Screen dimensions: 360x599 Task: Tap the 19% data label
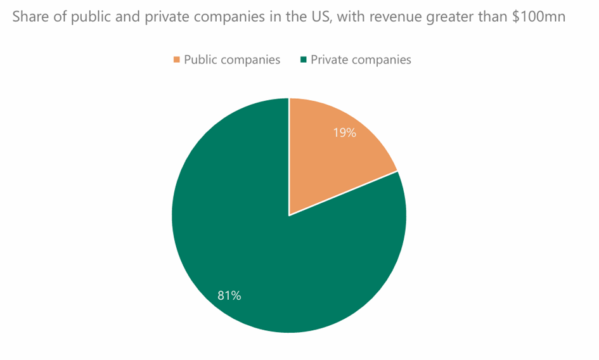(x=345, y=133)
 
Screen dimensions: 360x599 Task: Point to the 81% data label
(x=229, y=295)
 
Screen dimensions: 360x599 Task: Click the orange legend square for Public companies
(x=176, y=60)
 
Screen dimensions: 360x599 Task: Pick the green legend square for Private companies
(x=303, y=60)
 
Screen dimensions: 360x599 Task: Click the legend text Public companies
(x=232, y=60)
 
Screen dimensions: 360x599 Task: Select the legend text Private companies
(x=361, y=60)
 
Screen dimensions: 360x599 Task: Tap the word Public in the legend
(x=200, y=60)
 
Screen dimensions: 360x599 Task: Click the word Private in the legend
(x=328, y=60)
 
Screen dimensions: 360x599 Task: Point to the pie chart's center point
(x=289, y=215)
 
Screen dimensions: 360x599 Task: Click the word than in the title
(x=493, y=17)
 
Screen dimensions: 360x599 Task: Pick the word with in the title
(x=347, y=17)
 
